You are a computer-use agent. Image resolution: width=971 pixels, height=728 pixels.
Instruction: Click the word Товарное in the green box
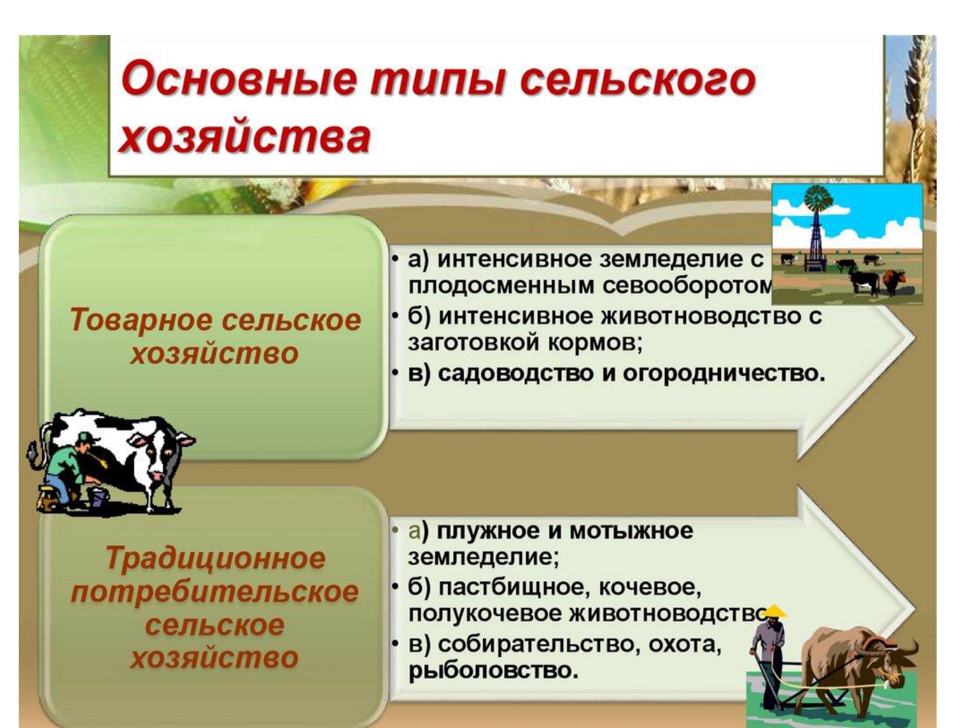[140, 320]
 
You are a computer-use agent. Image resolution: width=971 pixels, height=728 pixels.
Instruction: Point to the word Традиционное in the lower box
[216, 558]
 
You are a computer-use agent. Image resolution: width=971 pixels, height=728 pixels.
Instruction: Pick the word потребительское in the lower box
[215, 592]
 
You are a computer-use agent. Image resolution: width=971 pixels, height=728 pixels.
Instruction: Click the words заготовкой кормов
[524, 343]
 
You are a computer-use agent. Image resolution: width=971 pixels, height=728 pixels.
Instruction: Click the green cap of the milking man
[89, 437]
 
